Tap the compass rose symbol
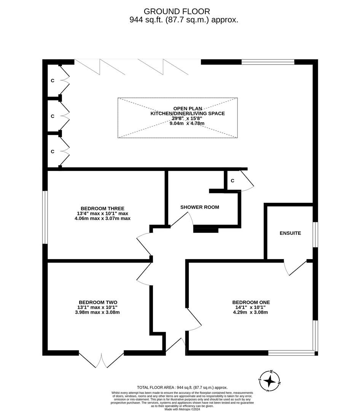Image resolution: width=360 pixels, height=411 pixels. click(269, 381)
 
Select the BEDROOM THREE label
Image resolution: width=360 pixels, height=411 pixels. click(103, 208)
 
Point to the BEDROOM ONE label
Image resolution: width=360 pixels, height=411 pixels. click(251, 302)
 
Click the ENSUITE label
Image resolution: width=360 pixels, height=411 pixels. click(290, 233)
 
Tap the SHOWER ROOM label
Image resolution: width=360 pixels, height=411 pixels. click(199, 207)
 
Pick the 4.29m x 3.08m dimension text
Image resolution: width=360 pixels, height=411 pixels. click(251, 312)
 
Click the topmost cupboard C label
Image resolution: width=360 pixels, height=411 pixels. click(53, 81)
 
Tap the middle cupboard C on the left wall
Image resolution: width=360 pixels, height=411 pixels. click(53, 116)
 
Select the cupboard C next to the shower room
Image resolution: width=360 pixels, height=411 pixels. click(232, 181)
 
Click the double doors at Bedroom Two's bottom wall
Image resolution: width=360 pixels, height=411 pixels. click(101, 360)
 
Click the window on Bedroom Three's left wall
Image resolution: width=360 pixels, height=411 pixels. click(45, 217)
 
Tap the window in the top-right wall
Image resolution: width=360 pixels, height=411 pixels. click(268, 62)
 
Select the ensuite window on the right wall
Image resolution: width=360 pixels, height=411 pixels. click(315, 234)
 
